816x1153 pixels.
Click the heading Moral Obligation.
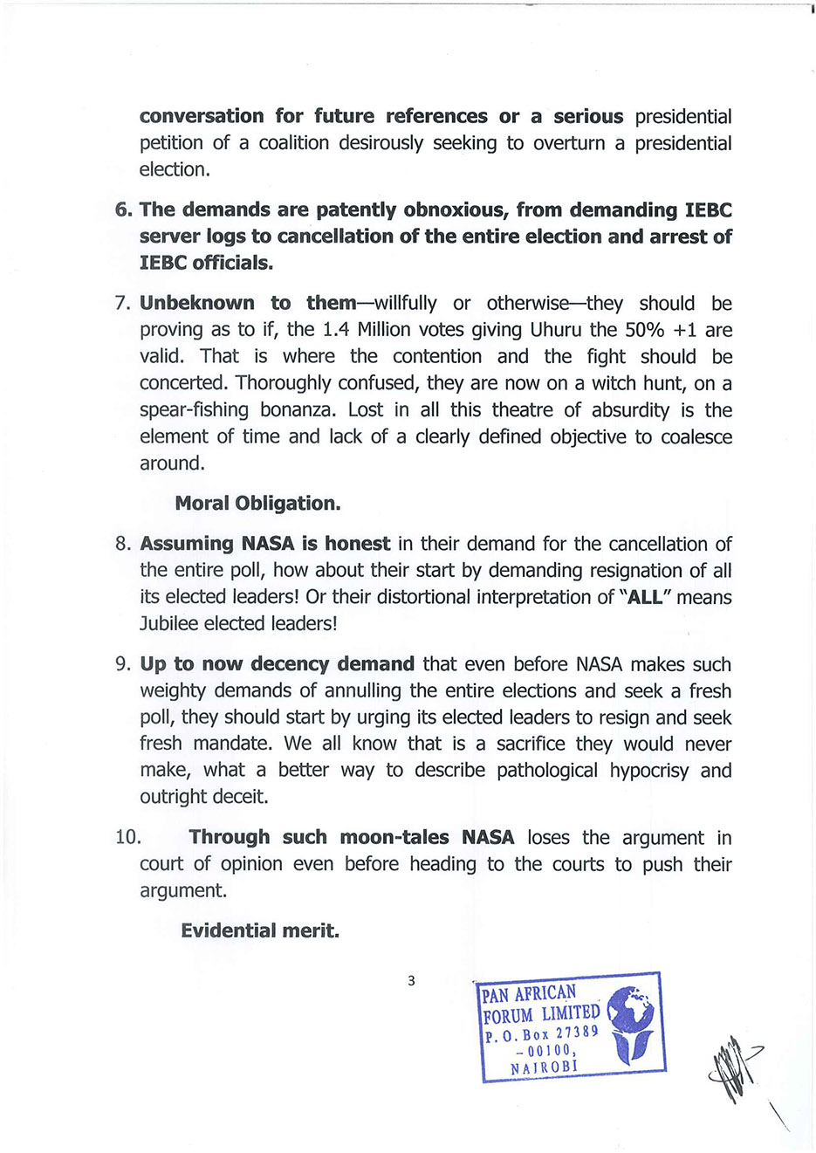click(x=257, y=504)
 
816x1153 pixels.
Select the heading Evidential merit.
click(x=260, y=930)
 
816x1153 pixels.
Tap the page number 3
click(x=411, y=981)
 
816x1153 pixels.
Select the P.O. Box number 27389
click(x=577, y=1033)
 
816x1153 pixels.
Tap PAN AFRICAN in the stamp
click(x=529, y=993)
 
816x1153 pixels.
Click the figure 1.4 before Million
click(x=336, y=330)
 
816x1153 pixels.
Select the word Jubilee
click(x=169, y=623)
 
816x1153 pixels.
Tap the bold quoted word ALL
click(x=645, y=597)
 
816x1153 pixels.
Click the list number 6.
click(x=122, y=210)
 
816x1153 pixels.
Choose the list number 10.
click(x=127, y=838)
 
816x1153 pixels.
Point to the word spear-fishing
click(x=194, y=410)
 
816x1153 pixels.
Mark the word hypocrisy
click(x=649, y=771)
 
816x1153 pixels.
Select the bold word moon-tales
click(x=394, y=838)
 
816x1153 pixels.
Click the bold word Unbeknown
click(x=196, y=304)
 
